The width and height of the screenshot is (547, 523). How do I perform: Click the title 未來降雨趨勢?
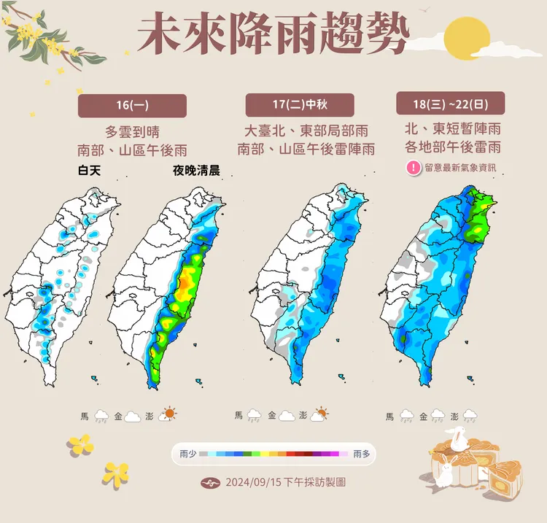[273, 34]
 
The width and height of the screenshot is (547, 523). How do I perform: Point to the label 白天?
[92, 171]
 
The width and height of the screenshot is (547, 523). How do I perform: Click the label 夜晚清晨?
[196, 171]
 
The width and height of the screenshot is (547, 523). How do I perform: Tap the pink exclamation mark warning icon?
[413, 168]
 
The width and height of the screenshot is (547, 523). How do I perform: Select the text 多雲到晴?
[132, 132]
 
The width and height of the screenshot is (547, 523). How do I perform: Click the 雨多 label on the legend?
[361, 454]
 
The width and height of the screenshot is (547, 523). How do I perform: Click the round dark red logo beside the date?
[210, 483]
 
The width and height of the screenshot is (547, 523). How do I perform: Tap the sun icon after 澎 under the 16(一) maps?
[169, 414]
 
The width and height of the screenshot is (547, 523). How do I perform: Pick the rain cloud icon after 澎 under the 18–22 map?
[470, 416]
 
